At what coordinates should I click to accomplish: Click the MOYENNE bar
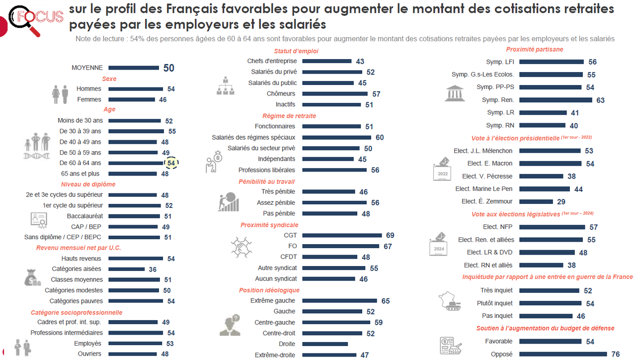coord(134,68)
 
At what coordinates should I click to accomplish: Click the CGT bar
coord(342,235)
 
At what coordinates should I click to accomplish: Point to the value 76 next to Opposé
coord(616,355)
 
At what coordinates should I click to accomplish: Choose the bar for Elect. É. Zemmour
coord(536,201)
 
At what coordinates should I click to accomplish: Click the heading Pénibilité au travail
coord(266,181)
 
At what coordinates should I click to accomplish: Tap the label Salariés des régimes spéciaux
coord(253,137)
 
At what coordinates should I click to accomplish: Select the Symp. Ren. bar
coord(556,100)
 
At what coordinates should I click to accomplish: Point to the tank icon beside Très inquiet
coord(450,301)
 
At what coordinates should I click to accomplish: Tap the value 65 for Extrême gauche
coord(386,301)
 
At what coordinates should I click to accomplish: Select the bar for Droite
coord(325,344)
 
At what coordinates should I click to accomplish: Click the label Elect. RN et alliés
coord(488,265)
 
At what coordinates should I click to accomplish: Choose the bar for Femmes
coord(132,99)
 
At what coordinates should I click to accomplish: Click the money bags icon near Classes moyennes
coord(33,277)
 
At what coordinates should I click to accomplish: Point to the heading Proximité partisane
coord(535,49)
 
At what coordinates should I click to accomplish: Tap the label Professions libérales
coord(267,170)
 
